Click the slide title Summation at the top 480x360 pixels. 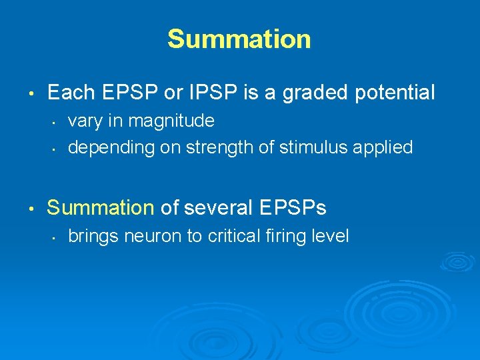pos(239,39)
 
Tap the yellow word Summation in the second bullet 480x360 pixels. pos(101,208)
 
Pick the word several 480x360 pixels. pos(214,208)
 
